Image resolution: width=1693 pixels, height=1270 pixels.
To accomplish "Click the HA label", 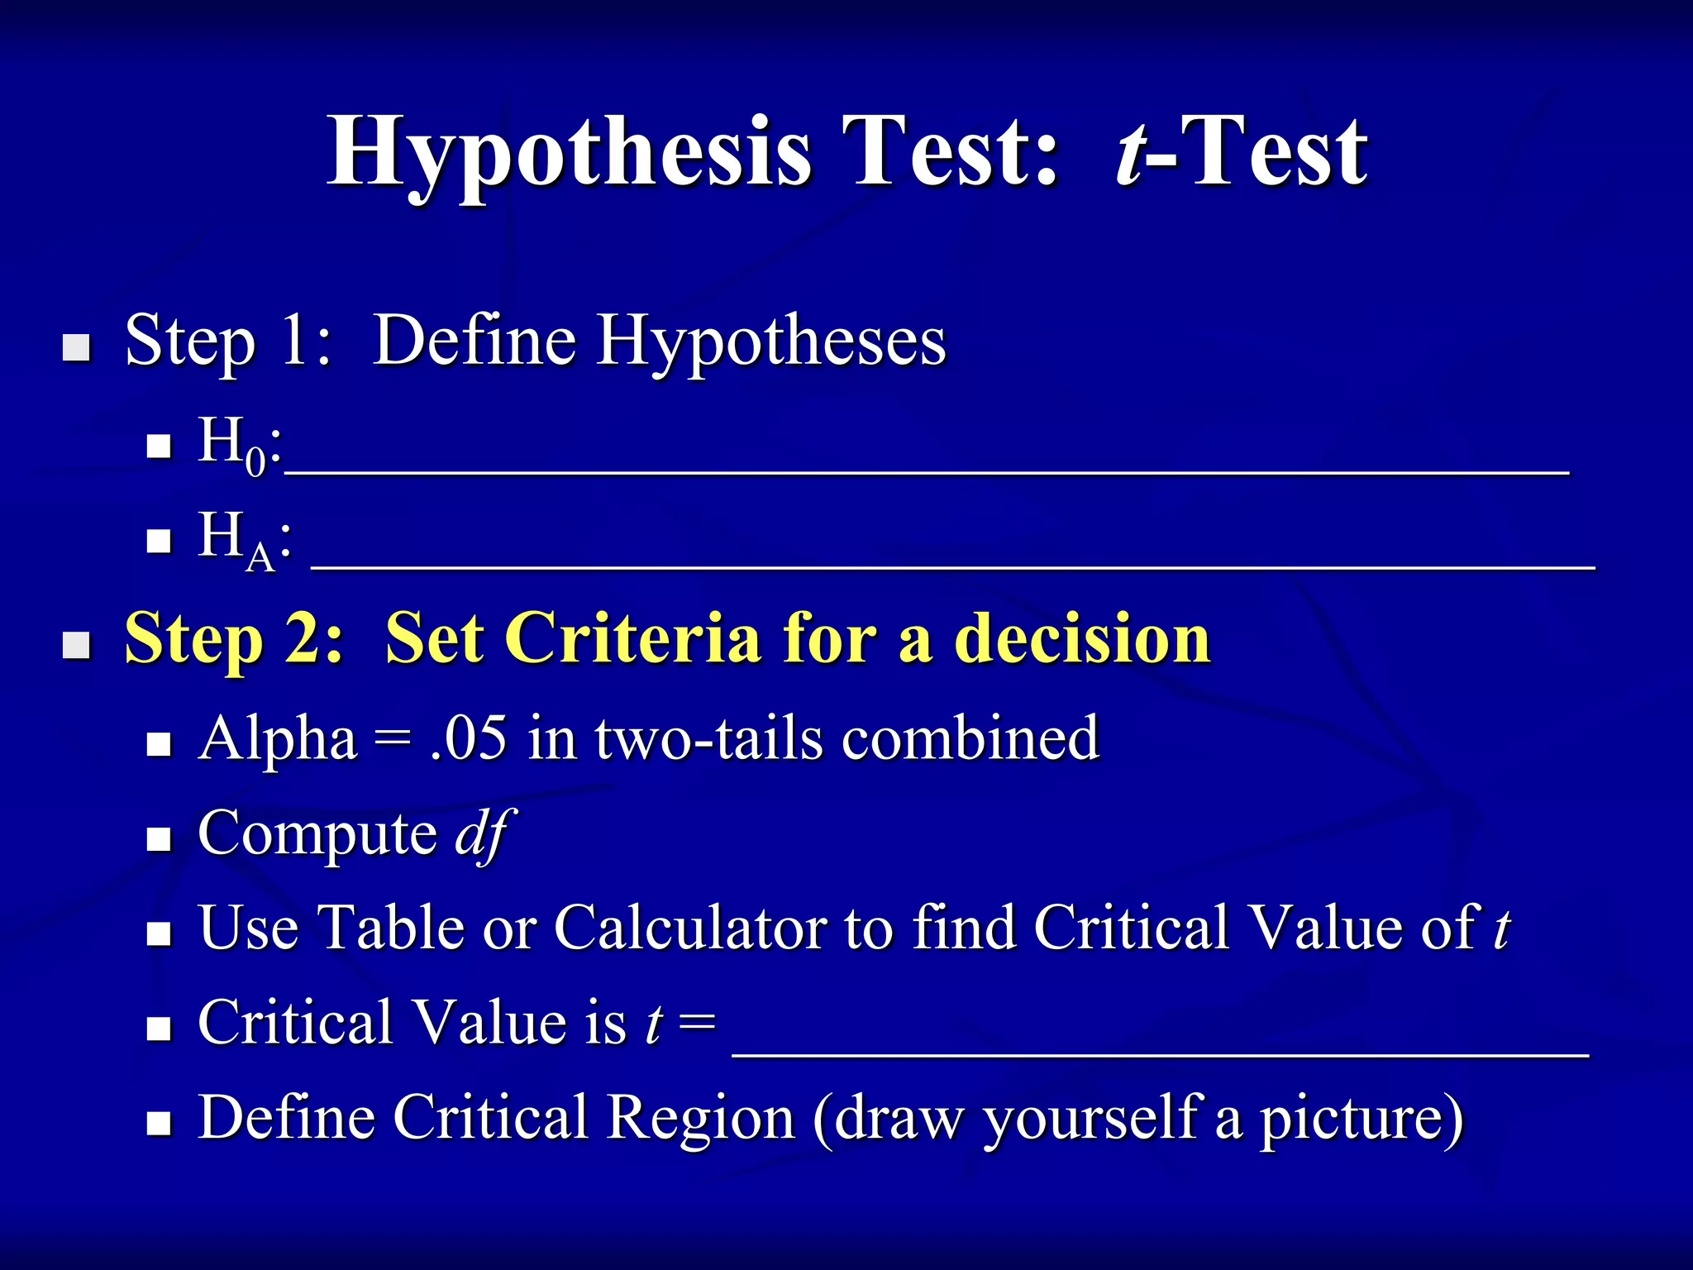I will click(x=240, y=539).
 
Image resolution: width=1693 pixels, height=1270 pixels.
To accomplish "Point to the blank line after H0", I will click(x=926, y=470).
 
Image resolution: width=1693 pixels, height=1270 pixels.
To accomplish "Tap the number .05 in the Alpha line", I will click(x=468, y=738).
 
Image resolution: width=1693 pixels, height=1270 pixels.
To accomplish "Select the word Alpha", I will click(x=278, y=738).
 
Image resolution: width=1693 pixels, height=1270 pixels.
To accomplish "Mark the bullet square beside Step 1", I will click(x=77, y=348).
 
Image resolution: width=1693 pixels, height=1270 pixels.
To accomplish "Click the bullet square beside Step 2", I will click(x=77, y=646).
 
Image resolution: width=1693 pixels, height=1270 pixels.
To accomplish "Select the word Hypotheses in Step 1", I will click(x=771, y=341).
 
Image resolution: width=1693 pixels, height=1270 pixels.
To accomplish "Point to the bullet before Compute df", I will click(x=158, y=840).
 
